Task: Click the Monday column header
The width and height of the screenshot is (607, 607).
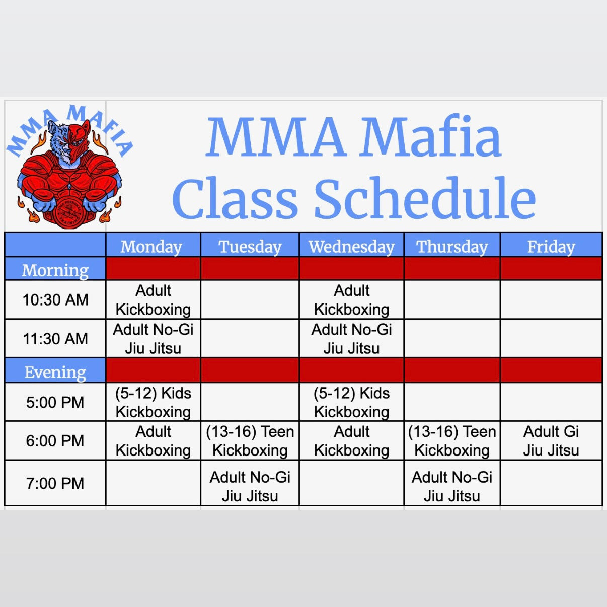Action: pyautogui.click(x=151, y=247)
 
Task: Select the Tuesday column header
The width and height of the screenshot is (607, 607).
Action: pyautogui.click(x=250, y=247)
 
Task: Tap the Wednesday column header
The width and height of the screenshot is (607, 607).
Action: pyautogui.click(x=351, y=247)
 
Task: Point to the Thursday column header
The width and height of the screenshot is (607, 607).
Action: pyautogui.click(x=452, y=247)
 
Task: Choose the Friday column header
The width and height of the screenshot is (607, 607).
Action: pyautogui.click(x=551, y=247)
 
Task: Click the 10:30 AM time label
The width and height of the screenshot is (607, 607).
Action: pyautogui.click(x=55, y=300)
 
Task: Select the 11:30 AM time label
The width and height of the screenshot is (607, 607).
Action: pyautogui.click(x=55, y=339)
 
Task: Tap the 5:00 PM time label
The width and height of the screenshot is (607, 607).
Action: pyautogui.click(x=55, y=402)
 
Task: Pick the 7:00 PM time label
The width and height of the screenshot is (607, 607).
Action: pyautogui.click(x=55, y=483)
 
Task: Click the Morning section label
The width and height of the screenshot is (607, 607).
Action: pyautogui.click(x=55, y=270)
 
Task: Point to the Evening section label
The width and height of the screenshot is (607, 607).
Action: pyautogui.click(x=55, y=372)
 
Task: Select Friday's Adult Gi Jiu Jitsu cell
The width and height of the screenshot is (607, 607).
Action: pyautogui.click(x=551, y=441)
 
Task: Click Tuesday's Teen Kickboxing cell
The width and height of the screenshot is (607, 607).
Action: pyautogui.click(x=250, y=441)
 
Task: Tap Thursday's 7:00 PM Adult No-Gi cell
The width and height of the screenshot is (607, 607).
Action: pyautogui.click(x=452, y=486)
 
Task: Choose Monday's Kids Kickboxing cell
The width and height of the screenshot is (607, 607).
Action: pyautogui.click(x=153, y=402)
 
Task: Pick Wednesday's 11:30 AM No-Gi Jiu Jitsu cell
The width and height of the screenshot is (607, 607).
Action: pyautogui.click(x=351, y=339)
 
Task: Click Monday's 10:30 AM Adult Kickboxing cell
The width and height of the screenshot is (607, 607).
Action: pyautogui.click(x=153, y=300)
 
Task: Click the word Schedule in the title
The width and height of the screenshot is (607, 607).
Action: pyautogui.click(x=425, y=199)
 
